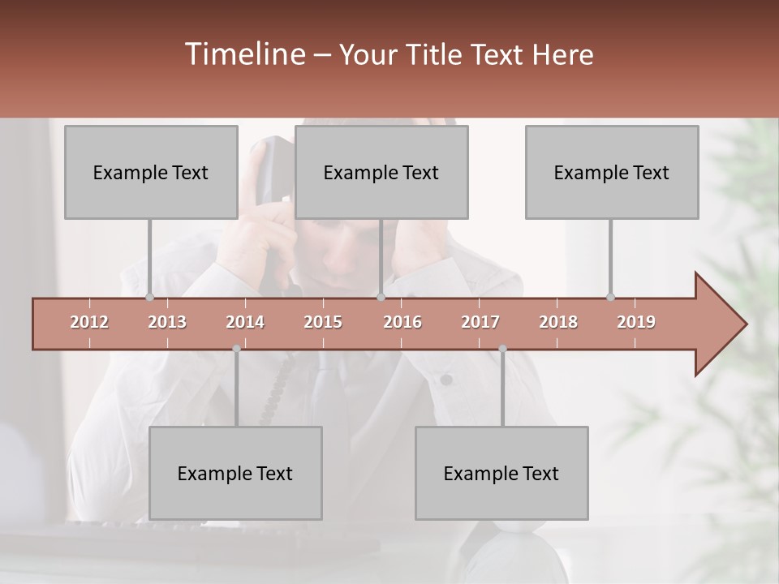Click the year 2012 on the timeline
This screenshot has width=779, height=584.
tap(89, 322)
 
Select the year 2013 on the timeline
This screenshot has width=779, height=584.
tap(167, 322)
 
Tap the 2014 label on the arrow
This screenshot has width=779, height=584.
tap(245, 322)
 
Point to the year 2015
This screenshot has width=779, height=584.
tap(323, 322)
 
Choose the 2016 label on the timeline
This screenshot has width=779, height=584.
tap(402, 322)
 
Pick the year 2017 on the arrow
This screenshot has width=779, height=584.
tap(480, 322)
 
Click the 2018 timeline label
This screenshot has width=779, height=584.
tap(558, 322)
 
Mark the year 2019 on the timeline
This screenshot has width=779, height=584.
tap(636, 322)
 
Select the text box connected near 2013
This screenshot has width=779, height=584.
tap(151, 172)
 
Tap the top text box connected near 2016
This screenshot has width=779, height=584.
tap(381, 172)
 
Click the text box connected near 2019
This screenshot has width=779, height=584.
tap(612, 172)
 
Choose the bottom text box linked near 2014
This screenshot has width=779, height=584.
tap(235, 473)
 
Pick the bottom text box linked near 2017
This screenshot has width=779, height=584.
tap(501, 473)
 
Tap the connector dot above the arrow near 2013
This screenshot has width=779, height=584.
tap(149, 297)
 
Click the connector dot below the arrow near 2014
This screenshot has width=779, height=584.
tap(236, 349)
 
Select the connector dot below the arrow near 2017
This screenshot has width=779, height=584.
tap(502, 349)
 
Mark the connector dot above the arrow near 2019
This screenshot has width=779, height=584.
tap(610, 297)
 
